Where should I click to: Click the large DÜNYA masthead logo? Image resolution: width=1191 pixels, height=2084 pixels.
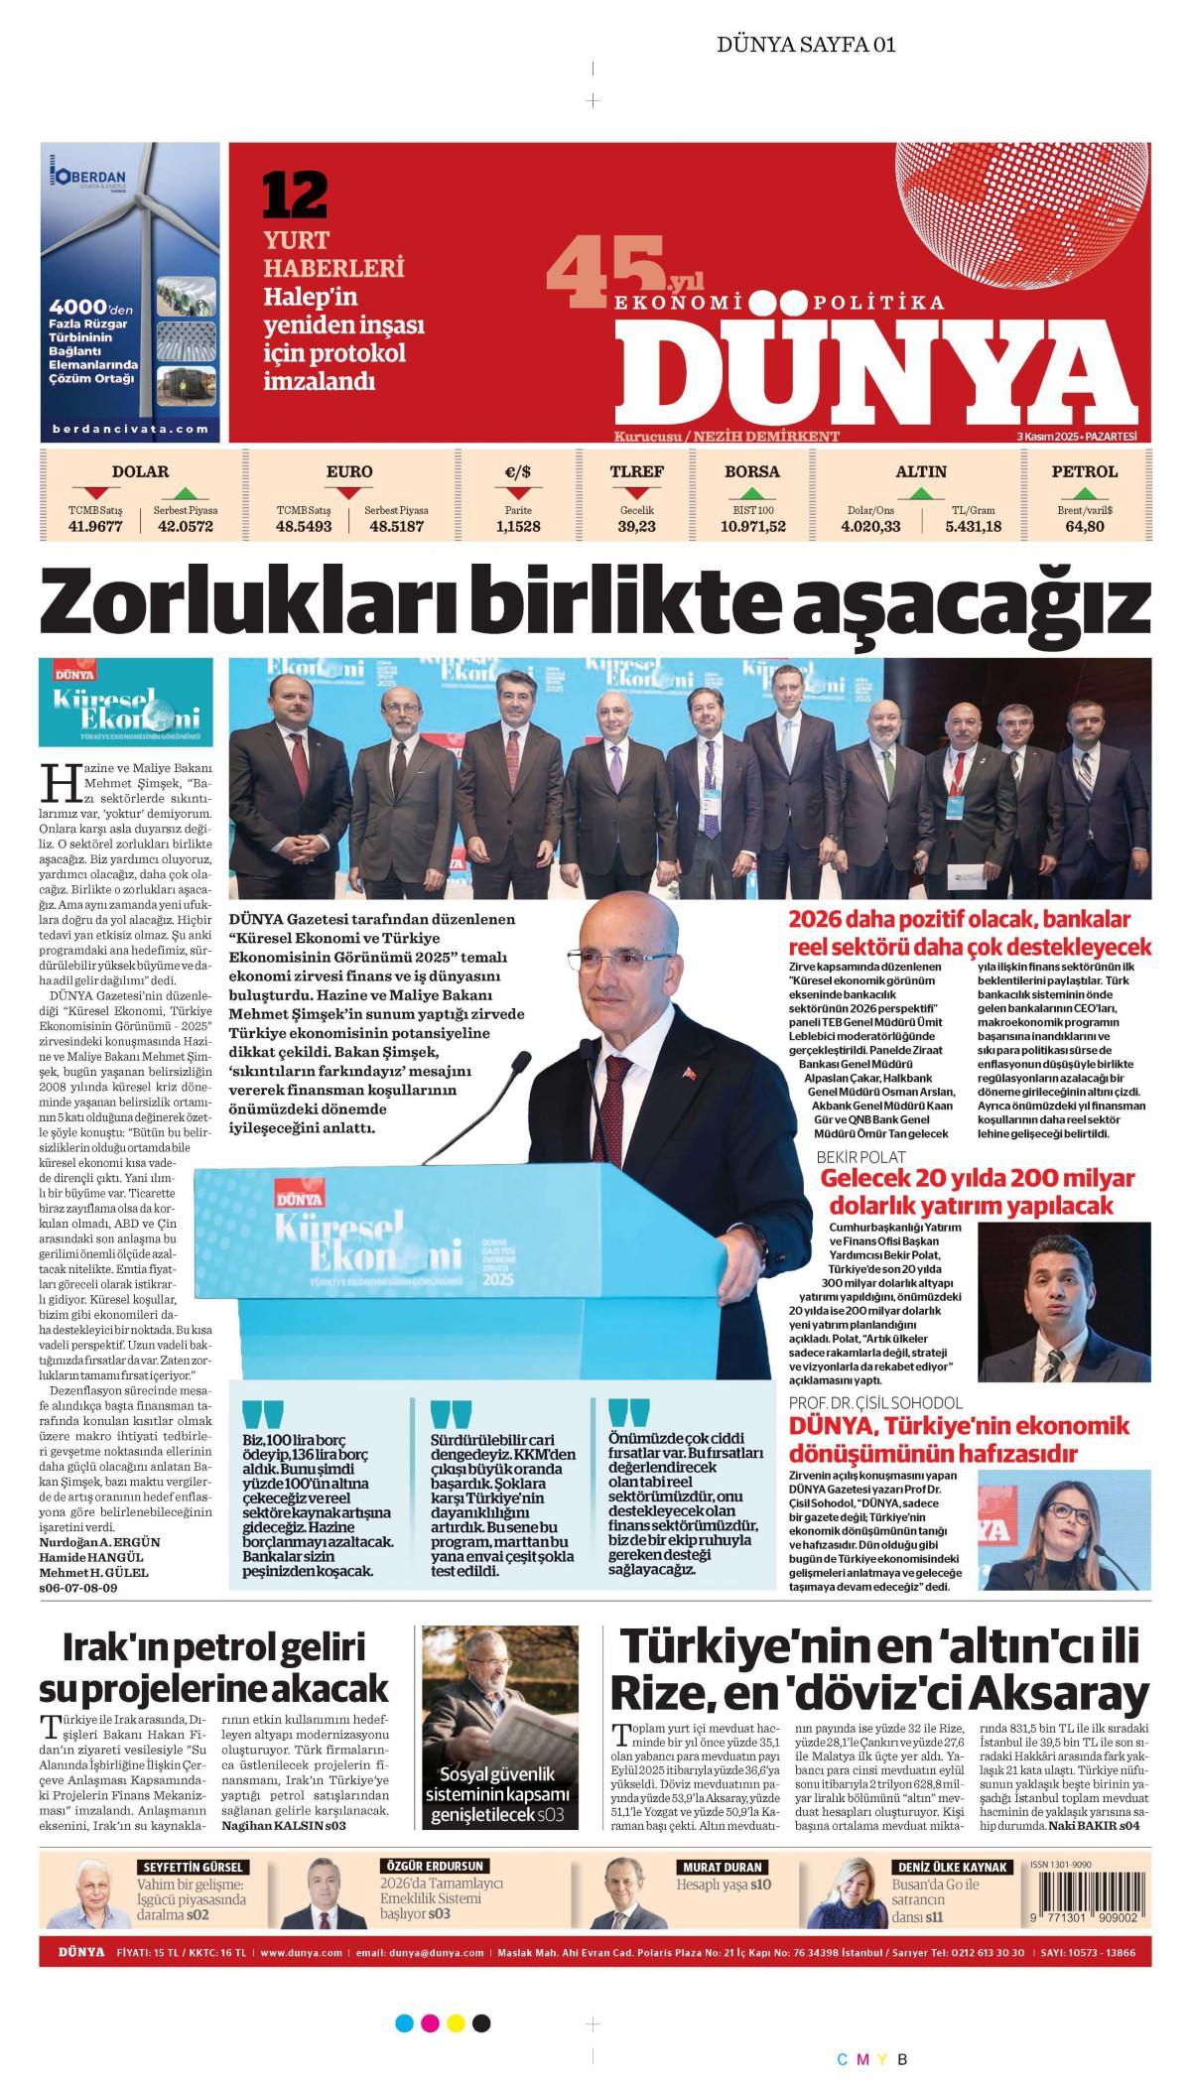coord(879,373)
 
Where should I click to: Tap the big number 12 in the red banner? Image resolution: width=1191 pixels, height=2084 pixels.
coord(295,195)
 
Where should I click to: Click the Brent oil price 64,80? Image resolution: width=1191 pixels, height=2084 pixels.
coord(1085,526)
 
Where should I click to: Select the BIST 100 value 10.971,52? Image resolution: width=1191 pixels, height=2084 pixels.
coord(751,526)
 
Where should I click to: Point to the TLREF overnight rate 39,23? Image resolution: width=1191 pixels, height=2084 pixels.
coord(636,526)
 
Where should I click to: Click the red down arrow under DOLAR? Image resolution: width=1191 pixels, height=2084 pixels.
coord(95,493)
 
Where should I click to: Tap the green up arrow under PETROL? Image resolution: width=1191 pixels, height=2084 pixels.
coord(1085,493)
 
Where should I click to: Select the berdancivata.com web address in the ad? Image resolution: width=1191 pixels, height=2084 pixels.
coord(131,429)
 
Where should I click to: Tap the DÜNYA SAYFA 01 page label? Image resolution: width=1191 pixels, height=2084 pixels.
coord(806,44)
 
